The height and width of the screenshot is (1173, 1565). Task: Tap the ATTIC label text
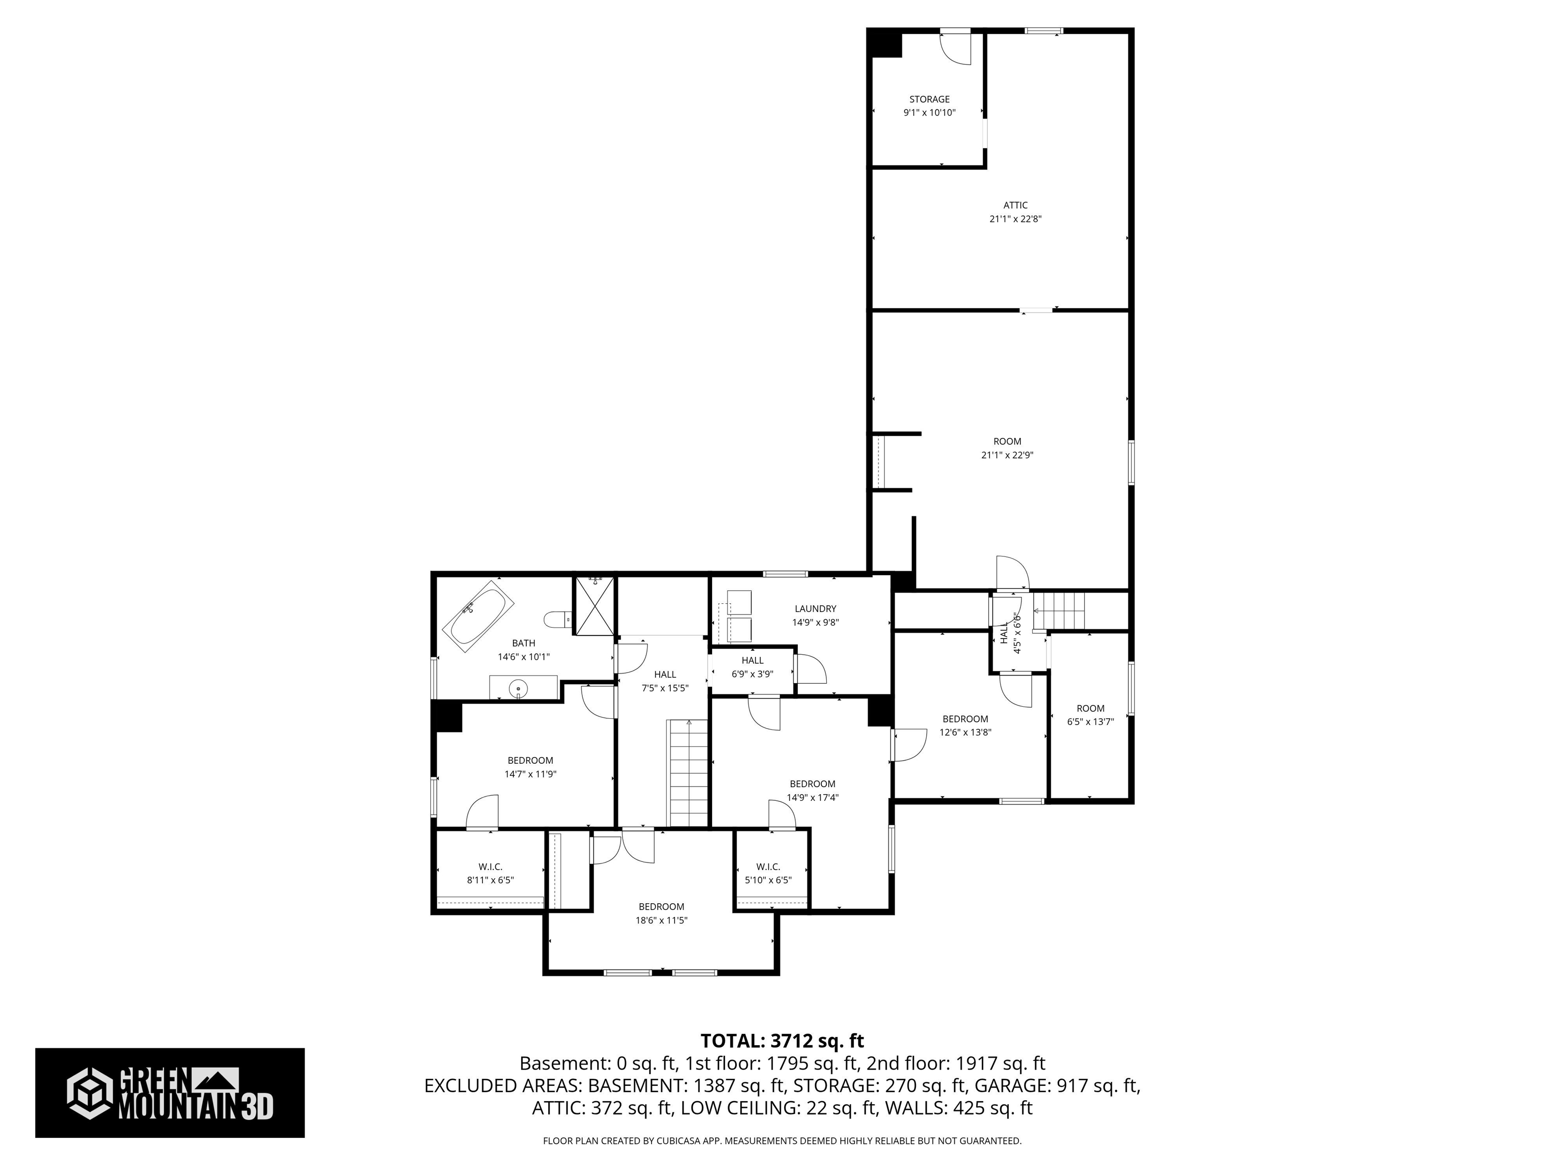point(1015,206)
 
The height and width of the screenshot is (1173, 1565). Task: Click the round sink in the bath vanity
point(519,687)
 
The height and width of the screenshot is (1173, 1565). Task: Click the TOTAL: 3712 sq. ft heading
point(782,1041)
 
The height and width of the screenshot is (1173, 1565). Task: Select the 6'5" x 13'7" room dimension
point(1090,722)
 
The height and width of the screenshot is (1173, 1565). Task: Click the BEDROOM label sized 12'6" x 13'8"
point(965,719)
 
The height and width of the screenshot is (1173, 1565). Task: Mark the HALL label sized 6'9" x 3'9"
point(752,660)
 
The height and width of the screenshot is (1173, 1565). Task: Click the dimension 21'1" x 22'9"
point(1007,455)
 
